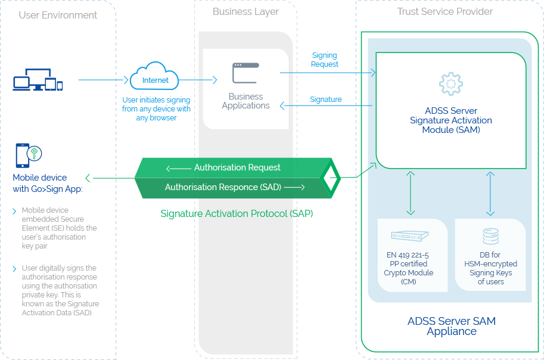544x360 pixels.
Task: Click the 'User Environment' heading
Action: click(58, 15)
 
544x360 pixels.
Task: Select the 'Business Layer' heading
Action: click(245, 12)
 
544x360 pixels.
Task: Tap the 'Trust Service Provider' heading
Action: click(445, 11)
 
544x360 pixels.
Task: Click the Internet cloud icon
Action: click(154, 77)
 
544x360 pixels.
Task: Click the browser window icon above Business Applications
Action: click(245, 73)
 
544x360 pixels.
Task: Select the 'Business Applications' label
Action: click(245, 101)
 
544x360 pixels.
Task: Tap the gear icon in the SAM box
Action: click(450, 84)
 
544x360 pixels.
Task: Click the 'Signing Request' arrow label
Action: click(325, 60)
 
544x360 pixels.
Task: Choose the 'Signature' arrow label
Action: click(326, 100)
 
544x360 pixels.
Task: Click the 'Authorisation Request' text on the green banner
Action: click(237, 167)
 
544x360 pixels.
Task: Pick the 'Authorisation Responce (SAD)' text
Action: click(223, 187)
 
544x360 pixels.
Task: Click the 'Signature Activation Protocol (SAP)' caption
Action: click(237, 213)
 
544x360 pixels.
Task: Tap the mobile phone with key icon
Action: click(27, 155)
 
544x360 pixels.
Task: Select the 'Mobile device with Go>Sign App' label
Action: click(47, 183)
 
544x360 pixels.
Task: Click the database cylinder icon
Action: click(490, 237)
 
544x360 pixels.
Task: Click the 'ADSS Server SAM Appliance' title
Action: click(451, 326)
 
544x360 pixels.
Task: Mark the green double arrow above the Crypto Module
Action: click(410, 193)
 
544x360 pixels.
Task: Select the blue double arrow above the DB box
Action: click(490, 193)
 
